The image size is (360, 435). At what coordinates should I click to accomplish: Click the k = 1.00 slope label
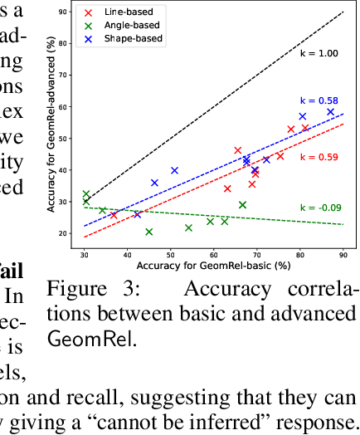pos(319,53)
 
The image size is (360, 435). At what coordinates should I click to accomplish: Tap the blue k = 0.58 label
pos(319,100)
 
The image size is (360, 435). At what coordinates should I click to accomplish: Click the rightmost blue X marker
pos(330,112)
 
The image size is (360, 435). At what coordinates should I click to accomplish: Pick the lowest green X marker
pos(149,232)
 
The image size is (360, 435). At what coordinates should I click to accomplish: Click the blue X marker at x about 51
pos(174,170)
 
